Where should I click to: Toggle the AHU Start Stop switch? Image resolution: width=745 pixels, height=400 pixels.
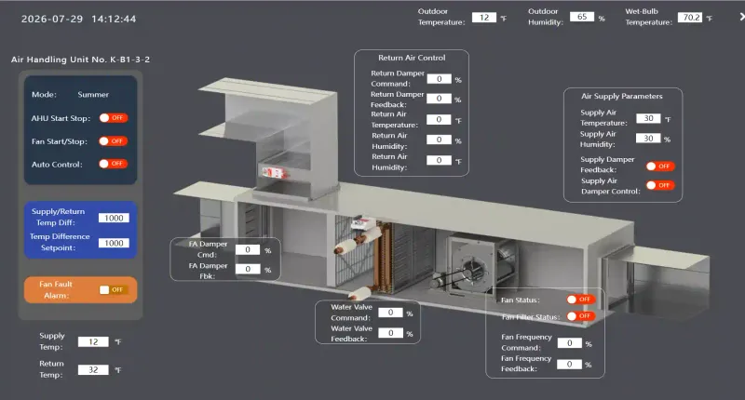click(x=113, y=118)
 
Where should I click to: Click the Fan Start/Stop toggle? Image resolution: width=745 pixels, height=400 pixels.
click(x=113, y=140)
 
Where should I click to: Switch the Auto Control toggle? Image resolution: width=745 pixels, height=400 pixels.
click(x=113, y=164)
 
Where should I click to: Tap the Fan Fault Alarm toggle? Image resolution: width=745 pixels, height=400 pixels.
click(x=113, y=289)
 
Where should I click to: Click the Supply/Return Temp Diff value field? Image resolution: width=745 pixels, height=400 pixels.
click(x=114, y=218)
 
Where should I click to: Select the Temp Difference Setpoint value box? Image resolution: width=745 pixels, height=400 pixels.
click(x=114, y=243)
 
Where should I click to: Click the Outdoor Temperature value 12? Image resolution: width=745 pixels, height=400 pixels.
click(x=483, y=18)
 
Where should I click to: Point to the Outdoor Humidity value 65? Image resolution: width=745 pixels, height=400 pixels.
click(x=582, y=17)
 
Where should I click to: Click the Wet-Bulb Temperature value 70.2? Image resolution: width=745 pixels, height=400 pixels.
click(x=690, y=18)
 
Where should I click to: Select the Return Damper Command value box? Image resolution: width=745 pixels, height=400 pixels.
click(x=439, y=79)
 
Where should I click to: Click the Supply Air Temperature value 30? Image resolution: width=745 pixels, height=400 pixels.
click(x=648, y=118)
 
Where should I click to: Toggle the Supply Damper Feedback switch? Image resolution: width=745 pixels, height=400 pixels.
click(x=660, y=167)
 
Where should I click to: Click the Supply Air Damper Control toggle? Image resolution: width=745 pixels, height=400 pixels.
click(x=660, y=185)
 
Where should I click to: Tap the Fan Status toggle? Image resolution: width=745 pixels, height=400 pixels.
click(x=581, y=300)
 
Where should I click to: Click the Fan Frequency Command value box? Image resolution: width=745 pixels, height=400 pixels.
click(x=569, y=343)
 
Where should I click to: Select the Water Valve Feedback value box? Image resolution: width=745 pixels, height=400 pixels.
click(x=390, y=333)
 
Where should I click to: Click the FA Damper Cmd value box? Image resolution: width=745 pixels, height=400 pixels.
click(x=248, y=249)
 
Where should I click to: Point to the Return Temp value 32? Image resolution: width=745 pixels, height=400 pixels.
click(x=93, y=369)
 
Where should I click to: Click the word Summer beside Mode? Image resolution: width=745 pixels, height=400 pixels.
click(x=93, y=95)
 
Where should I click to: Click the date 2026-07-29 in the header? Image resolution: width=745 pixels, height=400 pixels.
click(x=52, y=19)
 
